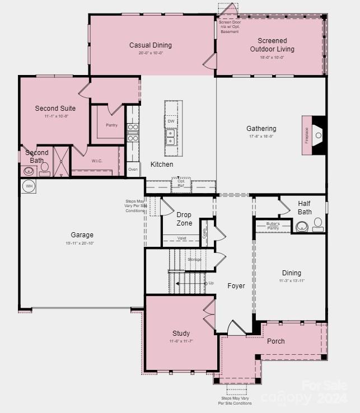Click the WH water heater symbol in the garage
pos(29,186)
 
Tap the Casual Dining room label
pos(151,45)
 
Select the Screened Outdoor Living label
pos(272,45)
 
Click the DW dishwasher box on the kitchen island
pos(171,121)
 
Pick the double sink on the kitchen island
pos(171,135)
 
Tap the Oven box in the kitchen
pos(133,169)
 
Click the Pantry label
pos(112,125)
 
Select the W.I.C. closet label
pos(97,161)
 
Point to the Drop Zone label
pos(184,219)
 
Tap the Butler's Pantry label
pos(273,226)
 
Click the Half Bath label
pos(305,208)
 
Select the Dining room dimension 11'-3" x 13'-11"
pos(292,281)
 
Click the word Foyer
pos(236,286)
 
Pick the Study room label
pos(181,333)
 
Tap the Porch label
pos(275,341)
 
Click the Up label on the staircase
pos(211,283)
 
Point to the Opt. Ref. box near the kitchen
pos(181,183)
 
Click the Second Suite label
pos(55,109)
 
